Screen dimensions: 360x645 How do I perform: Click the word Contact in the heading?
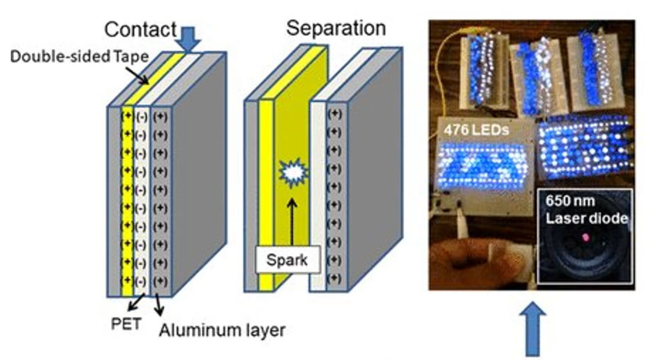pyautogui.click(x=140, y=30)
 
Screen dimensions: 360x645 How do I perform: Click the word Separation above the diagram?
pyautogui.click(x=336, y=28)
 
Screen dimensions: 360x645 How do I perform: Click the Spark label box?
pyautogui.click(x=287, y=260)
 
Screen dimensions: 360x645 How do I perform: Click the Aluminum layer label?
pyautogui.click(x=221, y=331)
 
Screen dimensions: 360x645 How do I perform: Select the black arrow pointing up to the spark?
pyautogui.click(x=292, y=221)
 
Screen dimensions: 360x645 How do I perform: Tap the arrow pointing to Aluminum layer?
pyautogui.click(x=159, y=307)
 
